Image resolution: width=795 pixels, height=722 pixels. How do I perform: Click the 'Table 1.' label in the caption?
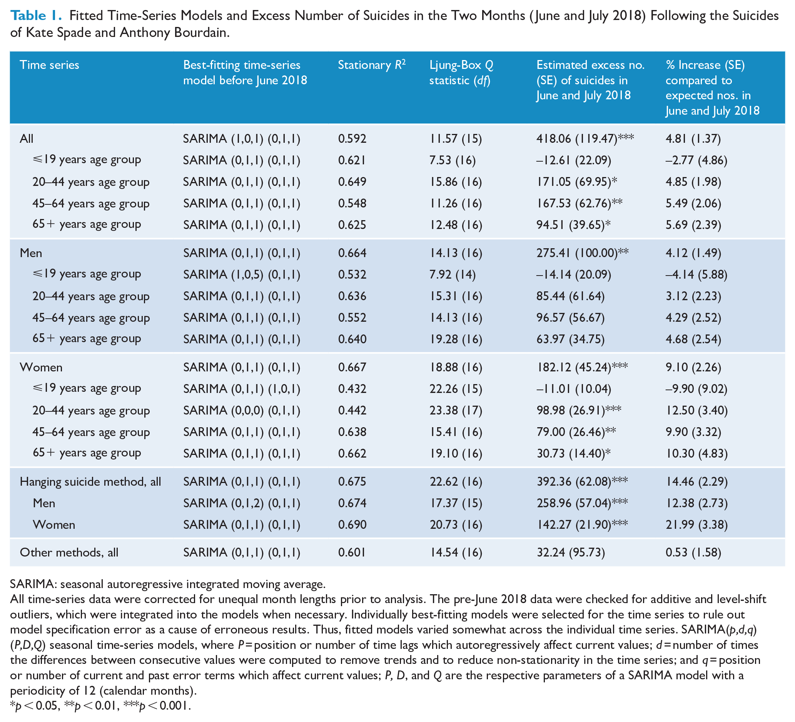36,15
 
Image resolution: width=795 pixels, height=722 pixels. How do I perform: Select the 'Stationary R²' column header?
372,64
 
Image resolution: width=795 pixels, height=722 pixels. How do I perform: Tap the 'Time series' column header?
49,65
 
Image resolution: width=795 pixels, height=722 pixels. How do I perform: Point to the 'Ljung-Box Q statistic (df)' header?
461,73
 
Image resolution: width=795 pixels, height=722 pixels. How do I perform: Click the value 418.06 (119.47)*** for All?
585,139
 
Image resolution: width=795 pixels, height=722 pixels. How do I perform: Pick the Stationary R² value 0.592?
352,139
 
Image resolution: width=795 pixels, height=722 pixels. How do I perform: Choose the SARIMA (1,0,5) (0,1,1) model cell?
242,274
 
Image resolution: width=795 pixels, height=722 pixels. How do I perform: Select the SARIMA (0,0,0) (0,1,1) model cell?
242,411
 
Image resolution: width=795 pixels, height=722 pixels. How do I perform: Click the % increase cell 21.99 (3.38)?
697,525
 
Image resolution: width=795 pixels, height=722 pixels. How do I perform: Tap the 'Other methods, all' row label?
69,552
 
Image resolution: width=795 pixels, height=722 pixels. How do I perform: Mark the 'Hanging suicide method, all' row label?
90,481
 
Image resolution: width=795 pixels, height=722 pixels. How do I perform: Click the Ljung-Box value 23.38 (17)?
456,411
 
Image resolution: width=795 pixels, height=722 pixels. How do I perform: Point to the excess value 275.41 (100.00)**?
583,253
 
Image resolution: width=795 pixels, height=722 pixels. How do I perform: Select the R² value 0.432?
352,389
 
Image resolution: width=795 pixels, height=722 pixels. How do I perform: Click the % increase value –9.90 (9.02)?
696,389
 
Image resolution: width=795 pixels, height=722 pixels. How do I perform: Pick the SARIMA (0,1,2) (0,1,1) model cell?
242,503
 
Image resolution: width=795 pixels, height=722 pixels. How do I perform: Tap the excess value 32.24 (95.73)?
571,552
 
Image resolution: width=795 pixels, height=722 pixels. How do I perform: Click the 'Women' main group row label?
41,367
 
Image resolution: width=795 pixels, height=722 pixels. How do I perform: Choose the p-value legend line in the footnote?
100,705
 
